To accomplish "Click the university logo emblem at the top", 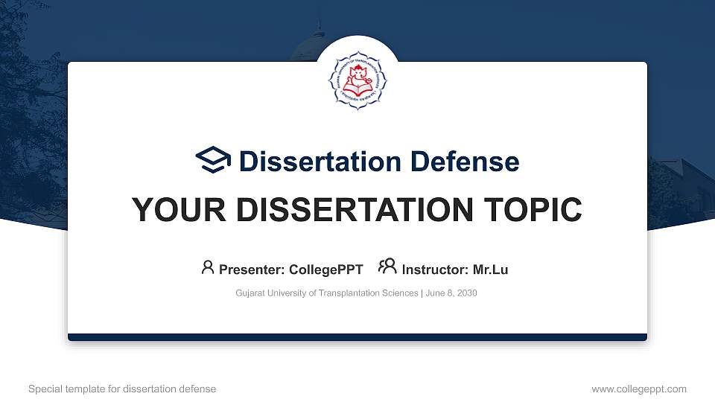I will pos(357,83).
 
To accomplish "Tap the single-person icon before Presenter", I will pos(208,267).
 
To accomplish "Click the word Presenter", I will pos(249,269).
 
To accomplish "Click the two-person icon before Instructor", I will pos(387,267).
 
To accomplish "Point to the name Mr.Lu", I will pos(490,269).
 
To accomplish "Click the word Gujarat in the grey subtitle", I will pos(250,293).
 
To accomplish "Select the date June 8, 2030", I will pos(451,293).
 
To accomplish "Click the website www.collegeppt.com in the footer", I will pos(639,389).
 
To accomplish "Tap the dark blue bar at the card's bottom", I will pos(357,337).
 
